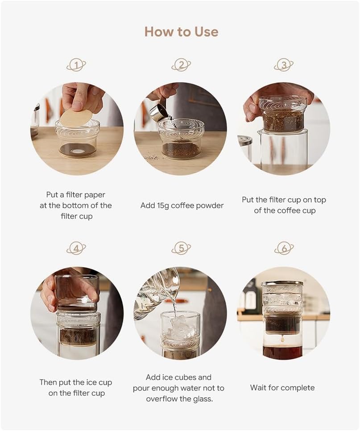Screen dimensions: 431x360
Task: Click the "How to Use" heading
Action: [x=181, y=32]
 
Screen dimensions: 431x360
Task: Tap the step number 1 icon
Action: [x=76, y=65]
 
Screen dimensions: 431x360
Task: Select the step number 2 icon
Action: [x=181, y=65]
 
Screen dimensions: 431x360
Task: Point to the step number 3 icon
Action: [x=284, y=65]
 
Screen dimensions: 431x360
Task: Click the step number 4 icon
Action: [x=76, y=248]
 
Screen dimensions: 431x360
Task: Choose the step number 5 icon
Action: [x=181, y=248]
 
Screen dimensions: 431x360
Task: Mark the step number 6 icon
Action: [x=284, y=248]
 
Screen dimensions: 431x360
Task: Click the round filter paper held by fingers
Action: [x=76, y=118]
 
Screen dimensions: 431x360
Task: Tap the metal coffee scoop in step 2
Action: [x=159, y=112]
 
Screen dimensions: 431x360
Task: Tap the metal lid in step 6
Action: [x=282, y=283]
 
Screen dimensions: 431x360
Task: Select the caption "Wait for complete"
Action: [x=282, y=388]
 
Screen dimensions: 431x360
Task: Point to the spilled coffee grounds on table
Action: [x=152, y=157]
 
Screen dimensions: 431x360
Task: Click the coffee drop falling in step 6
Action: [x=282, y=340]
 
